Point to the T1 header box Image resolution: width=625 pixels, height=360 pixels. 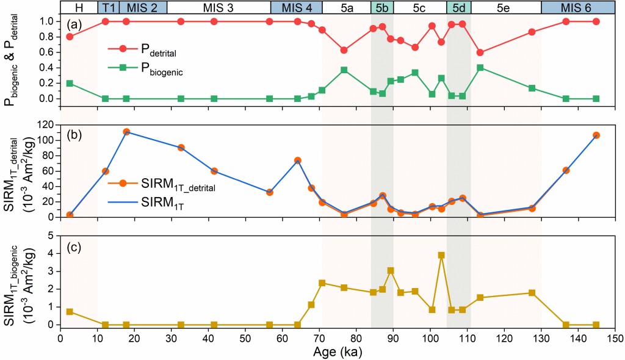point(108,7)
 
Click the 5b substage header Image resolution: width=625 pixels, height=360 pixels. point(381,7)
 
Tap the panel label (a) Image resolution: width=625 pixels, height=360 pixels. point(76,24)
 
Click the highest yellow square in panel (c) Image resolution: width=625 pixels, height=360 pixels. point(441,255)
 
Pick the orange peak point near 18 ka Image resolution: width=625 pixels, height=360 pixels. point(126,132)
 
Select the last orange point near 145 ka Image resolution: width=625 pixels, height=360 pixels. point(596,135)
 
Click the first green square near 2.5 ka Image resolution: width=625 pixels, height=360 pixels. point(70,83)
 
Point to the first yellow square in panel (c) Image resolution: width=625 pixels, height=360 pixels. point(70,312)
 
